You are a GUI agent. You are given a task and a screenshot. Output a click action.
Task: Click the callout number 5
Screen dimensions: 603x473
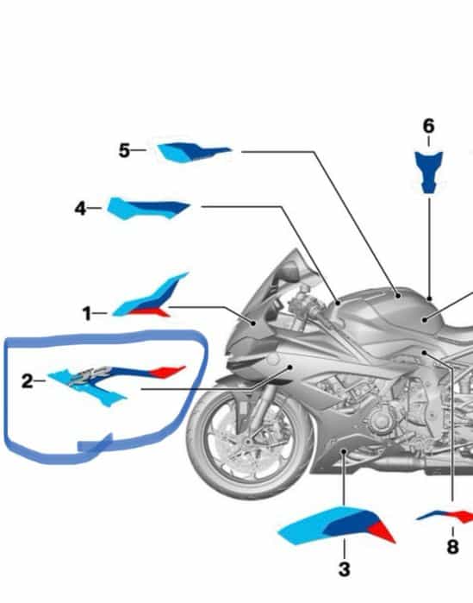coord(123,151)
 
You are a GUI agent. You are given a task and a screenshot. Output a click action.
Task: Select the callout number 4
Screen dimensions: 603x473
coord(80,208)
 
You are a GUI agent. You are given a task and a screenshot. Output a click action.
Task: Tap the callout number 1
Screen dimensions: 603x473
coord(87,314)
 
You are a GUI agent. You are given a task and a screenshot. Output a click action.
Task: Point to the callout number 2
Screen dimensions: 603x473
coord(28,380)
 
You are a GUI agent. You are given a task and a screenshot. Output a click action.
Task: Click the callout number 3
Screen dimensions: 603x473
coord(344,568)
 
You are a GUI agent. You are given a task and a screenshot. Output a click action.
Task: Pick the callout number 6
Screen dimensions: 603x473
coord(428,126)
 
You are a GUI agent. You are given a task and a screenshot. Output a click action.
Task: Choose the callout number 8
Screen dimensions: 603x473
coord(452,547)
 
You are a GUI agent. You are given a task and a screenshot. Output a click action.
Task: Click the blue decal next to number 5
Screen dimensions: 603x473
coord(192,153)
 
